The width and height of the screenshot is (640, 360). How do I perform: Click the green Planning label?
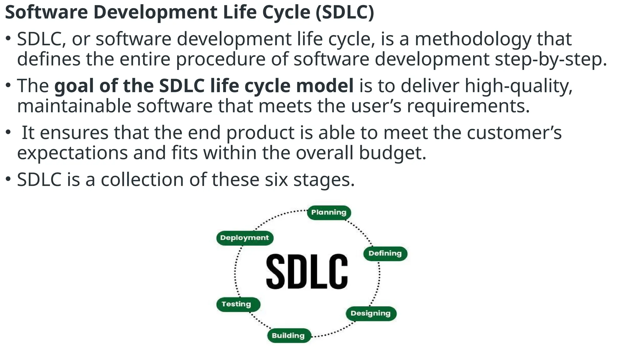click(329, 212)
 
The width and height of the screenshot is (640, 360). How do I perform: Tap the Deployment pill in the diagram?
click(244, 238)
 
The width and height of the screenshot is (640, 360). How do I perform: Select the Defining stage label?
click(385, 253)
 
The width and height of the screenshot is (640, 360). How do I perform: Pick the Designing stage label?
click(371, 313)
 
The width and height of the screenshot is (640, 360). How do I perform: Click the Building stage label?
click(288, 336)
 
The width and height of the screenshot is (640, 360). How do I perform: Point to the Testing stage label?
click(237, 304)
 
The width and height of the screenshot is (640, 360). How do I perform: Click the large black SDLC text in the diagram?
click(307, 271)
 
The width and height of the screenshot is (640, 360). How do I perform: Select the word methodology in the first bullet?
click(473, 39)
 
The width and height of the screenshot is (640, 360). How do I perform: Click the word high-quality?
click(518, 86)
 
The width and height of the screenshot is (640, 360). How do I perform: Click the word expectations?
click(72, 153)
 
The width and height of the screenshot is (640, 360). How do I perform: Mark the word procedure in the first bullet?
click(221, 59)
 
